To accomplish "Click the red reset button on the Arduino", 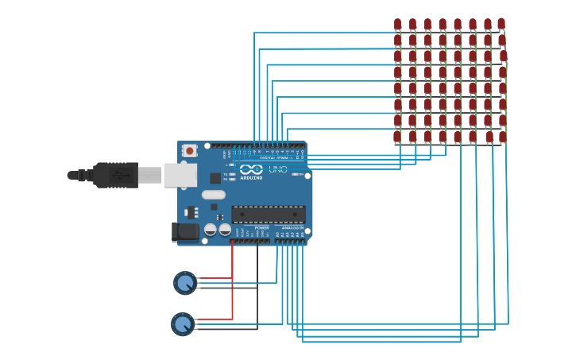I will (189, 150).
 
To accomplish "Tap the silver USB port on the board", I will (180, 175).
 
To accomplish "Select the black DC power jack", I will (185, 232).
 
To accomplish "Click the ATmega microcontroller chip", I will (268, 215).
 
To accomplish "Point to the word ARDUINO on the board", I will (251, 178).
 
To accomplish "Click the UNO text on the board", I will (278, 169).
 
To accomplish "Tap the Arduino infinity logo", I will (251, 169).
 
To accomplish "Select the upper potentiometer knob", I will (185, 282).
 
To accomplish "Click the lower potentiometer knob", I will (183, 323).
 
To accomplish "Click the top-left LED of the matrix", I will (397, 25).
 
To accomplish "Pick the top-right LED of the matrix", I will (501, 25).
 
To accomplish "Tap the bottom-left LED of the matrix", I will (397, 137).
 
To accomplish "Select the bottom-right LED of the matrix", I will (502, 137).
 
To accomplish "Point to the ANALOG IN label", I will (292, 228).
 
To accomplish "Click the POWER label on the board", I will (261, 228).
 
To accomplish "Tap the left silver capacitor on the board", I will (211, 230).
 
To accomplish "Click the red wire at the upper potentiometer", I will (215, 278).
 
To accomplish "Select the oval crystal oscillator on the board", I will (214, 195).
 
